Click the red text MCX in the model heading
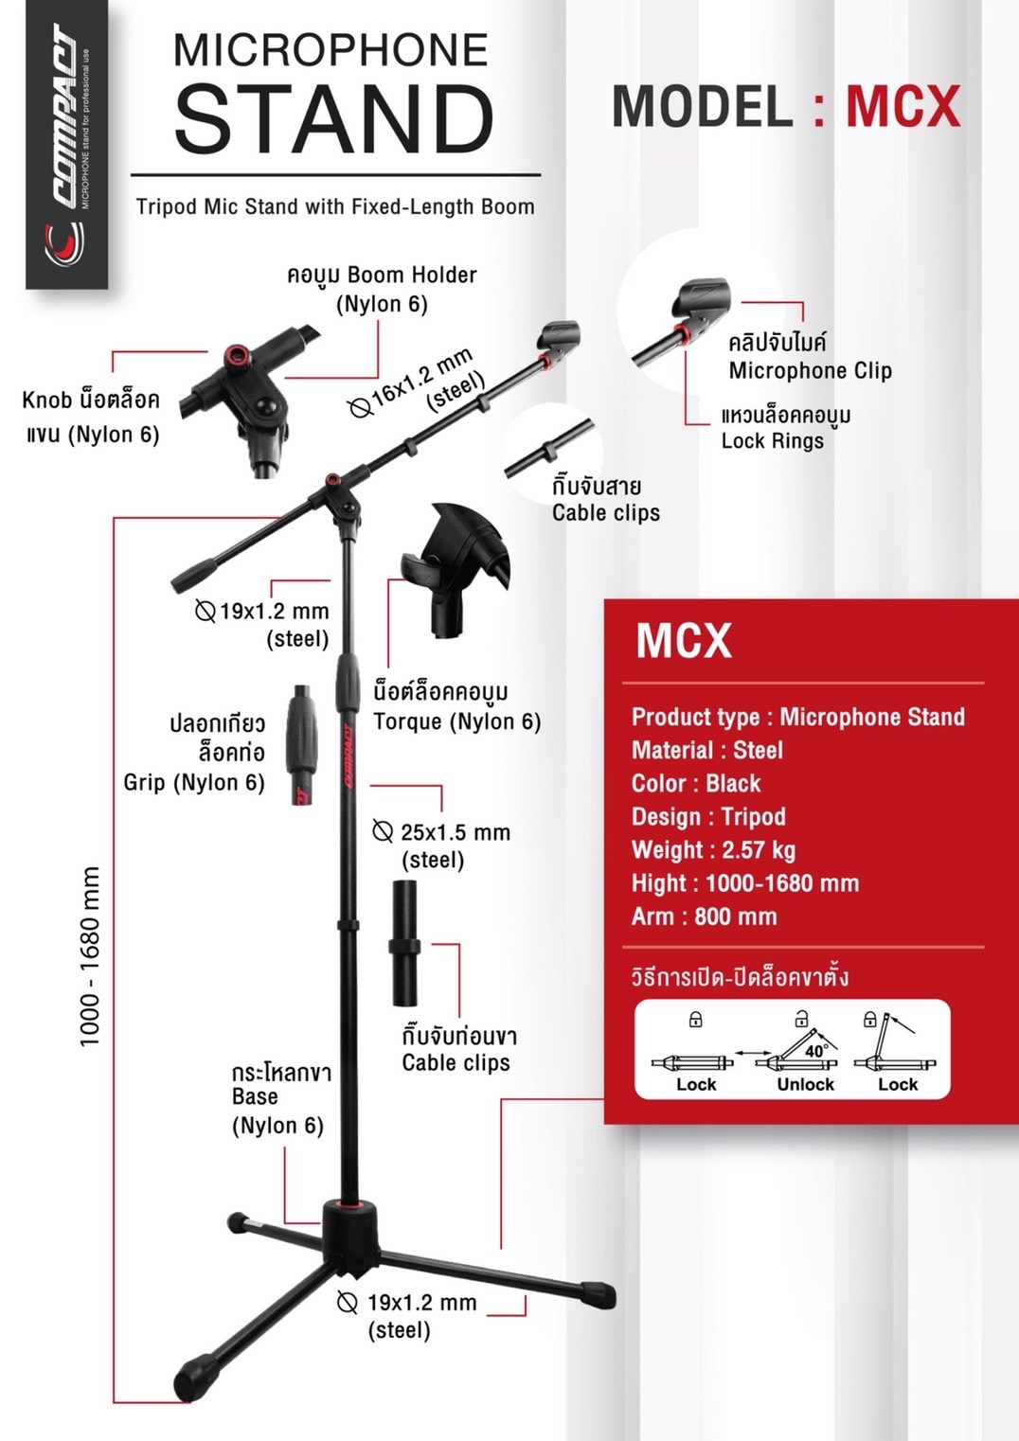(902, 106)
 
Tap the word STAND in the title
(333, 119)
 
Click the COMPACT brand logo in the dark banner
(66, 142)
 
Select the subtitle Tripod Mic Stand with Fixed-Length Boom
(335, 206)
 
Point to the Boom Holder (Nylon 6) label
(382, 289)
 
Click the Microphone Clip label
(810, 370)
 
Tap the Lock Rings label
(773, 440)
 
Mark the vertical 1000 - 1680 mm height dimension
(90, 956)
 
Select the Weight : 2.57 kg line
(713, 849)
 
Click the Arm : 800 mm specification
(704, 916)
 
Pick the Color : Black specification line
(696, 783)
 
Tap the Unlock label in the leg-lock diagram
(805, 1085)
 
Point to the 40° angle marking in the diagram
(815, 1051)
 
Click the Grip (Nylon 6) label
(194, 782)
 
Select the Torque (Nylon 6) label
(456, 721)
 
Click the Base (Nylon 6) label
(277, 1111)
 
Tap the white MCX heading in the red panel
(684, 641)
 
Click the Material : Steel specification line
(707, 750)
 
